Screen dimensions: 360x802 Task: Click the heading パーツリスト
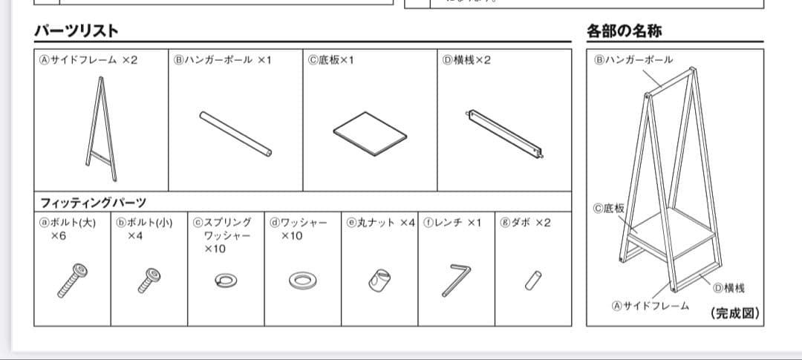[x=76, y=31]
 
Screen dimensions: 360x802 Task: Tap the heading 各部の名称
[x=625, y=31]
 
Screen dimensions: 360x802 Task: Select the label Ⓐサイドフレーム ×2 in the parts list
[x=88, y=60]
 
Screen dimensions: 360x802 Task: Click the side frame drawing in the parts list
[x=102, y=134]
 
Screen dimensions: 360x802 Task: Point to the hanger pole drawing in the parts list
[x=235, y=134]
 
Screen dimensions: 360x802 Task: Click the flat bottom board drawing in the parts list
[x=371, y=134]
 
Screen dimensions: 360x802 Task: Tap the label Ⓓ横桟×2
[x=467, y=60]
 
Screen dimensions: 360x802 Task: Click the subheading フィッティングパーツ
[x=94, y=202]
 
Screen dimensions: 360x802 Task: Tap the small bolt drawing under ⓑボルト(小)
[x=148, y=280]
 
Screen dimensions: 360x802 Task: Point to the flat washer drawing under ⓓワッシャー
[x=301, y=280]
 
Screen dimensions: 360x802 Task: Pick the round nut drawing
[x=379, y=281]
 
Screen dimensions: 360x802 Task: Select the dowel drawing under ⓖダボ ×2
[x=532, y=280]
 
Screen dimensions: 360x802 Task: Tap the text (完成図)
[x=735, y=313]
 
